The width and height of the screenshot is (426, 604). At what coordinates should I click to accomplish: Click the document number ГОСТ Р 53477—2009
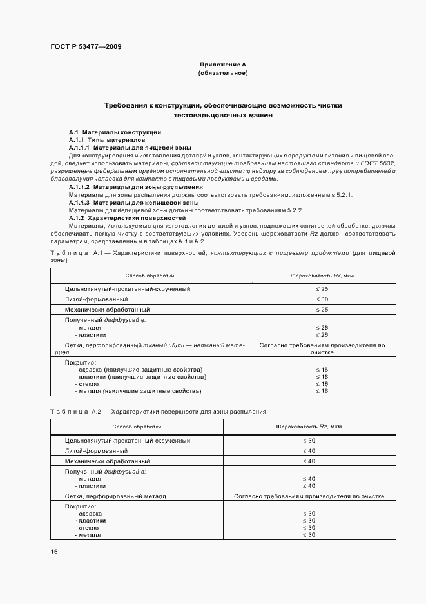point(85,47)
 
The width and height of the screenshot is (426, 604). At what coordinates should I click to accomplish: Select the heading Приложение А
point(223,65)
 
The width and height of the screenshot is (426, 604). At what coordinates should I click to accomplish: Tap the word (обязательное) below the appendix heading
point(223,74)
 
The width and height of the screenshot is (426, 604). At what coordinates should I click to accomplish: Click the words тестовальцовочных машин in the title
point(223,116)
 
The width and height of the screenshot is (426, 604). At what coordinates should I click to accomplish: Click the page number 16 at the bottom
point(54,552)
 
